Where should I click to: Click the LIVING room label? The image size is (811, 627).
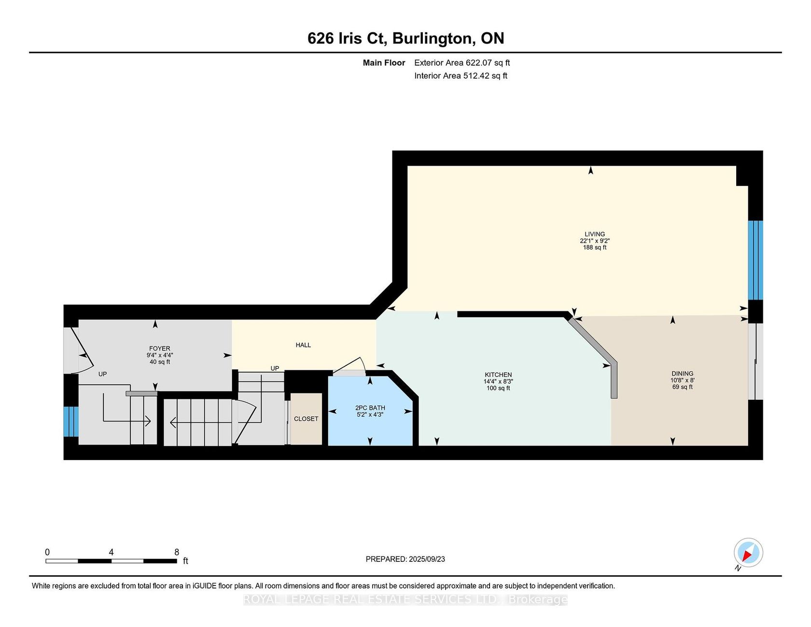594,234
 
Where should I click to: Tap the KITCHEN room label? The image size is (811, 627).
498,375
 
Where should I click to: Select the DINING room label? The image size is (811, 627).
682,374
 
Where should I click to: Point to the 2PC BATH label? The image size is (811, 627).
370,408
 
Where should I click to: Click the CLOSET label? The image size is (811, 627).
306,418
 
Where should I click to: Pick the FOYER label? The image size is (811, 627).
159,348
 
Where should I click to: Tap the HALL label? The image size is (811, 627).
303,345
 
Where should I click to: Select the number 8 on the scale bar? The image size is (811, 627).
177,552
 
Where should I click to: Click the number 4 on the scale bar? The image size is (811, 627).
111,552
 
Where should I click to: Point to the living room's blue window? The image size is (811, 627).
755,260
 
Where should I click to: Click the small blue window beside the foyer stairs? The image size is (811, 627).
71,421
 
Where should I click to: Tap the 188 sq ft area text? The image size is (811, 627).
594,248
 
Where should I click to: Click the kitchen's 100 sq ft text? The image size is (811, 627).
498,388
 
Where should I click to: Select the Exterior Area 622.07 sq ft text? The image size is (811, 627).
462,63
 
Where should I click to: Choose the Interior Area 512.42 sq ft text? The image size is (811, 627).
461,76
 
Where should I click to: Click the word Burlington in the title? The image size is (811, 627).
433,38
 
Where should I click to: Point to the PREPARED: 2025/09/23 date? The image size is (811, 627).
405,559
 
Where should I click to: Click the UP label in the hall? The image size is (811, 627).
275,368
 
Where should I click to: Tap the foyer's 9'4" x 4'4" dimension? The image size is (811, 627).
160,355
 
